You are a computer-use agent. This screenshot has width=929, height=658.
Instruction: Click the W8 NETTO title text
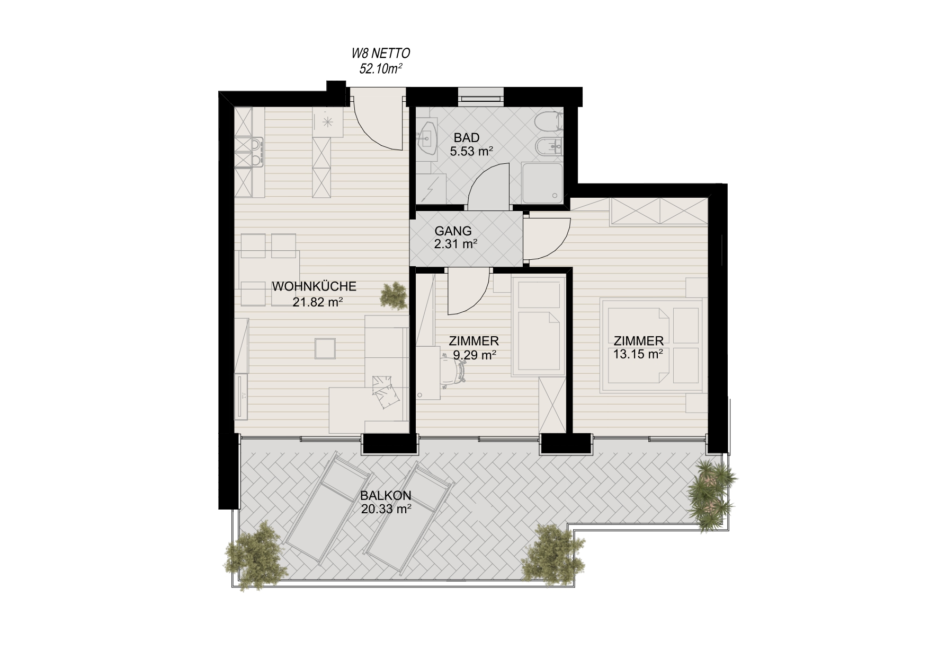pos(381,53)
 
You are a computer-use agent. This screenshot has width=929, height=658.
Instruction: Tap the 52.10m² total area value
pos(381,68)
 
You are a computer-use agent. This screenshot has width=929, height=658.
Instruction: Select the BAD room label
pos(467,138)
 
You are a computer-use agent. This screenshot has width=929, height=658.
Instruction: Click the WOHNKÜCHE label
pos(314,286)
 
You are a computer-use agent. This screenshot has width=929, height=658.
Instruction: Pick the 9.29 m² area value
pos(475,355)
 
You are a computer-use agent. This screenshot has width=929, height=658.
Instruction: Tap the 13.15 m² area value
pos(638,354)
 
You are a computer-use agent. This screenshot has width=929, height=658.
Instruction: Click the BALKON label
pos(386,496)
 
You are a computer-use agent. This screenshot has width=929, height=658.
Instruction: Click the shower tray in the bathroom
pos(542,182)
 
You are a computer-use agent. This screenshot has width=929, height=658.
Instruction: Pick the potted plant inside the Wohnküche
pos(394,295)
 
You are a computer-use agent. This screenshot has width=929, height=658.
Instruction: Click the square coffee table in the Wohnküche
pos(324,349)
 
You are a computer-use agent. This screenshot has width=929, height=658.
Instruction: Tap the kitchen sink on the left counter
pos(250,152)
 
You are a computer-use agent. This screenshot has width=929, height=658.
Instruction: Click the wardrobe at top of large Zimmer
pos(659,212)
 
